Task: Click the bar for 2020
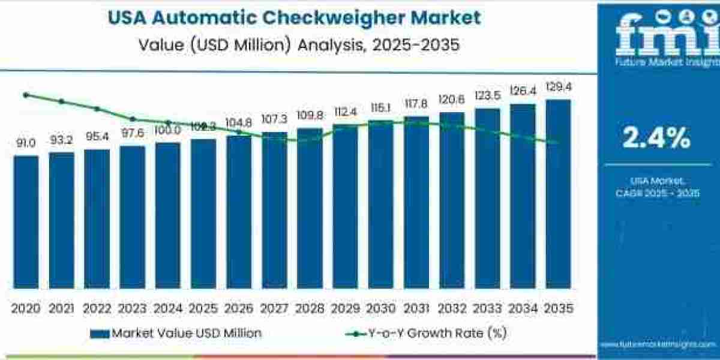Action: click(x=26, y=222)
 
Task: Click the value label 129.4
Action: click(x=558, y=88)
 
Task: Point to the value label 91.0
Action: click(x=26, y=143)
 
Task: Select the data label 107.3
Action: click(x=274, y=119)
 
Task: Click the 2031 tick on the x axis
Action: click(x=416, y=308)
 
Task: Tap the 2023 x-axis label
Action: click(x=132, y=308)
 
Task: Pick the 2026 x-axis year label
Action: click(x=239, y=308)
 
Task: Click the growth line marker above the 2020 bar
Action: click(x=26, y=95)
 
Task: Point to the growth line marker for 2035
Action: click(x=557, y=143)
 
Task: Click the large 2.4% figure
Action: click(x=656, y=139)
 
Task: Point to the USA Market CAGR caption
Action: click(x=658, y=187)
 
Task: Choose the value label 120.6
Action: click(x=451, y=99)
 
